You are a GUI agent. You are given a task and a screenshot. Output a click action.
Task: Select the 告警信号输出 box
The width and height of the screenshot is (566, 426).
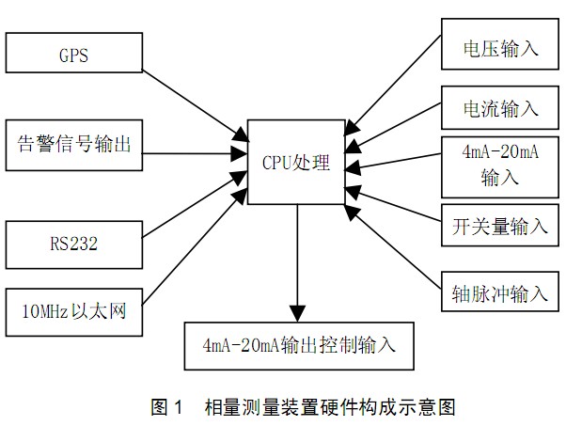[74, 144]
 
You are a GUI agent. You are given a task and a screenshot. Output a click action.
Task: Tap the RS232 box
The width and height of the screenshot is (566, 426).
[74, 243]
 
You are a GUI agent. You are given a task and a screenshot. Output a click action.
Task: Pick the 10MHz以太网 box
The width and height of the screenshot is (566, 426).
[74, 309]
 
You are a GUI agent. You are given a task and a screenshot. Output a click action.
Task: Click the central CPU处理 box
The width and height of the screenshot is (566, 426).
[296, 162]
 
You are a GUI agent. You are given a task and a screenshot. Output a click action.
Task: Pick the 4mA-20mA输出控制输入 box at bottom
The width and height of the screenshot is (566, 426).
[298, 342]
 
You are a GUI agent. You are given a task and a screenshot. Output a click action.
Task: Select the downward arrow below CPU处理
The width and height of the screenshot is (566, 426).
[298, 262]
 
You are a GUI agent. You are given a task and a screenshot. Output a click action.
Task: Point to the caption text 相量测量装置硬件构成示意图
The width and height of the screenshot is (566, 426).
[329, 407]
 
